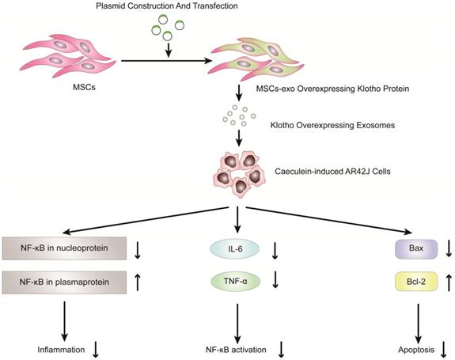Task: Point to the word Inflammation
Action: (x=52, y=347)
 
